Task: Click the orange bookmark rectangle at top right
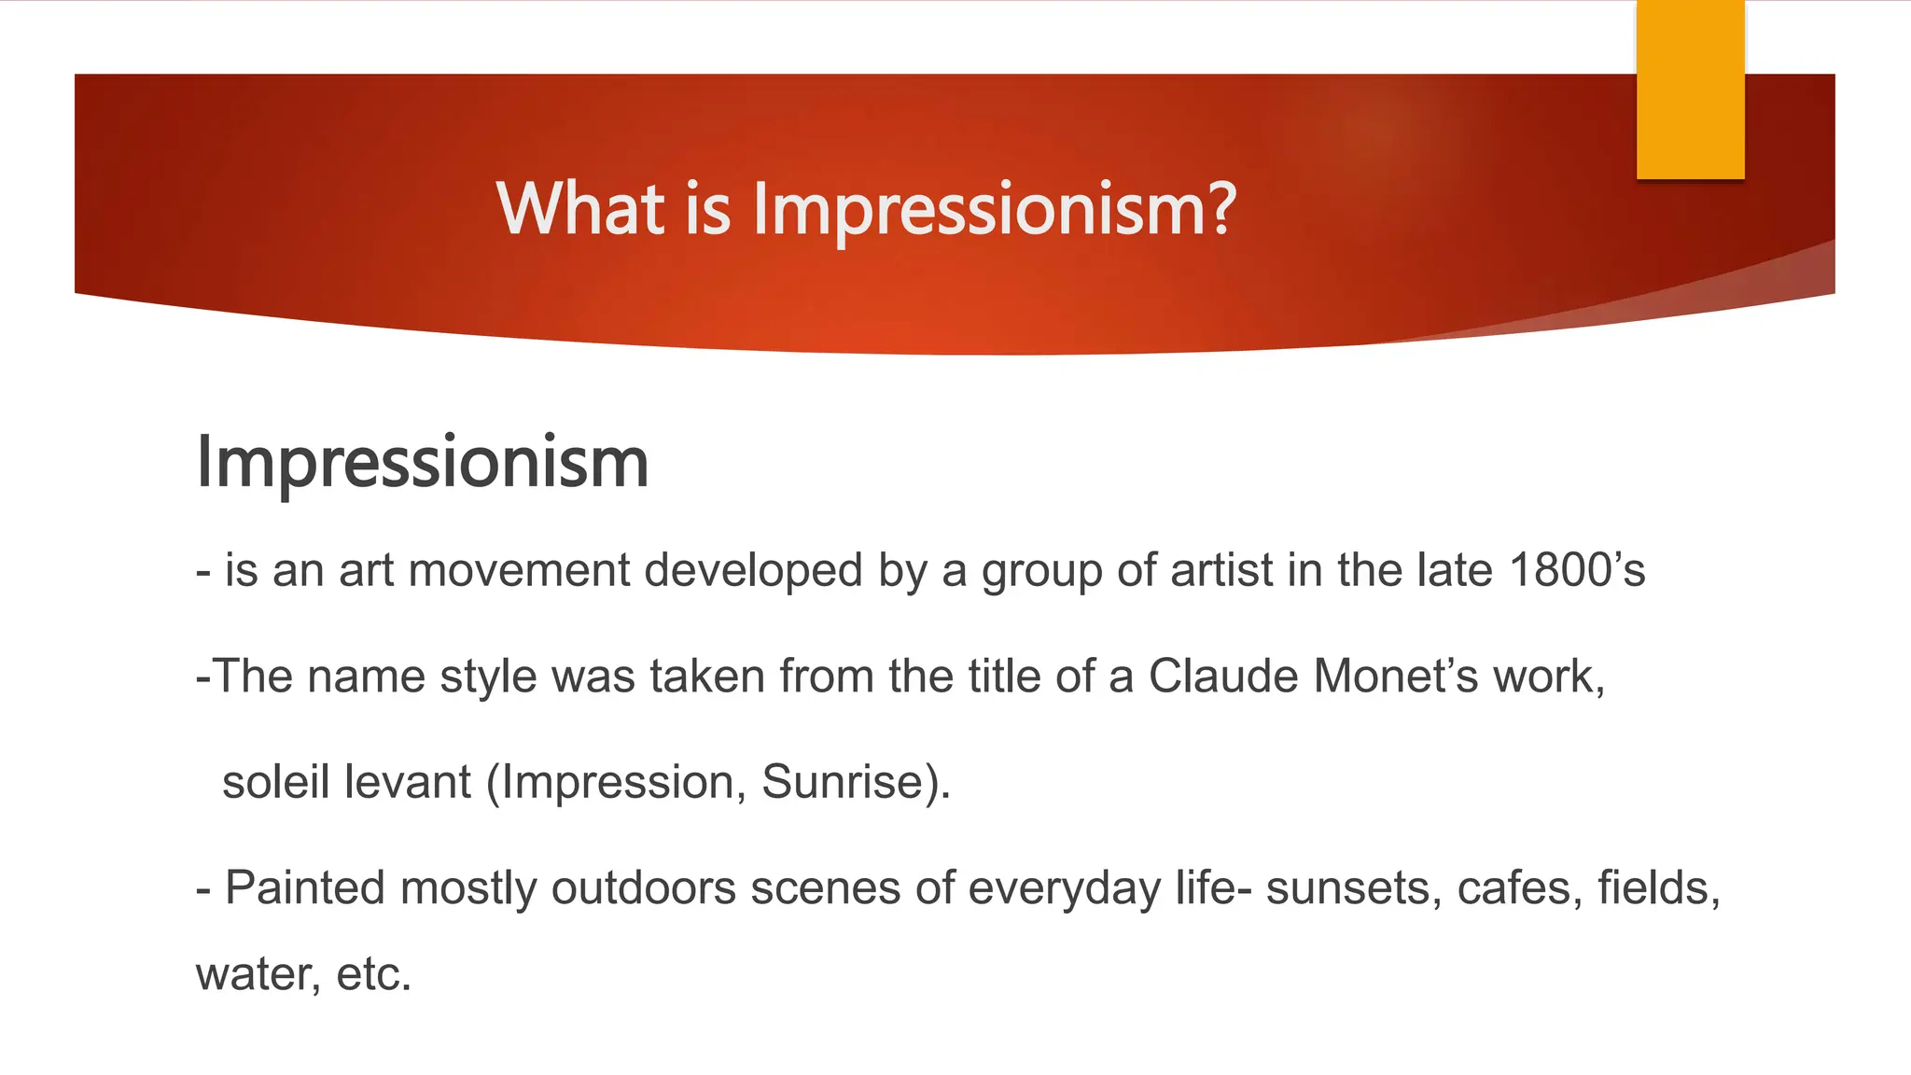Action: click(1690, 90)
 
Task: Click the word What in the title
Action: click(580, 208)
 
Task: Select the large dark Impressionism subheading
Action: click(422, 462)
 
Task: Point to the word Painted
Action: click(305, 887)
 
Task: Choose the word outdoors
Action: click(643, 887)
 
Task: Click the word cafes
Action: click(1519, 887)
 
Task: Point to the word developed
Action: click(753, 570)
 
